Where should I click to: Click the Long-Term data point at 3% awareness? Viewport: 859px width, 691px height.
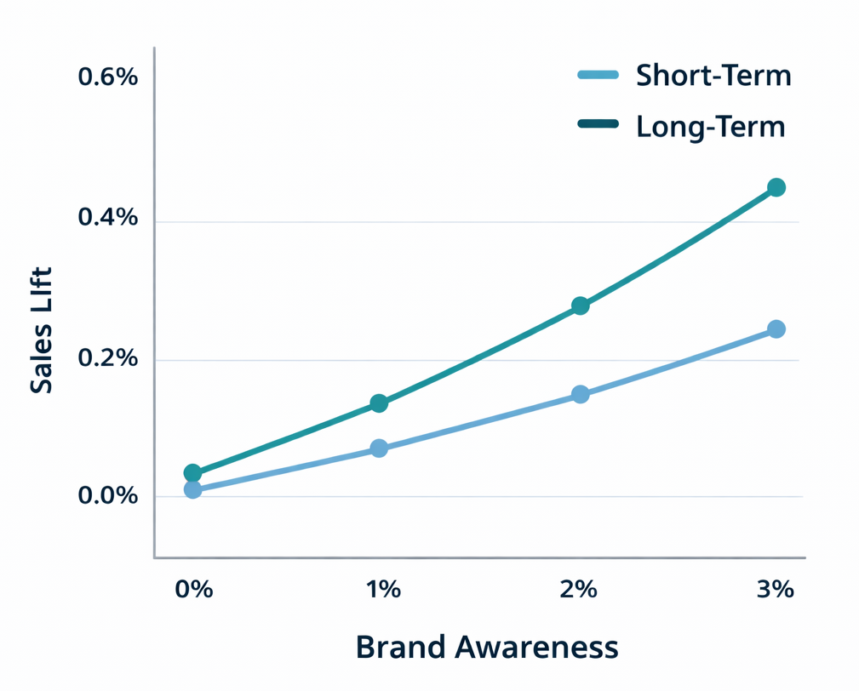click(x=776, y=187)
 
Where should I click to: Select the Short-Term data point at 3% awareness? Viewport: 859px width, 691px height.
click(x=776, y=329)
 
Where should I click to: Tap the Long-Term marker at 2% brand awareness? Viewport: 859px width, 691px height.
click(x=580, y=306)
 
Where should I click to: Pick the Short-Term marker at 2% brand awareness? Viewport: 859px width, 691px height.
click(x=580, y=395)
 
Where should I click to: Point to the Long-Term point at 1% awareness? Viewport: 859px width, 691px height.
click(x=379, y=403)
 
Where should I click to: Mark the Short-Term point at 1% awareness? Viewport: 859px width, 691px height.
click(x=379, y=448)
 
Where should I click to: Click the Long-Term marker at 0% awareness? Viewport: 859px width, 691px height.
click(x=192, y=473)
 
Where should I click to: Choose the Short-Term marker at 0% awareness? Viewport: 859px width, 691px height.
click(x=192, y=490)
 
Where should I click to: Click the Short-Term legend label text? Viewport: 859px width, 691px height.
click(x=713, y=76)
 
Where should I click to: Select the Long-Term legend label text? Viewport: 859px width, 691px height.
click(x=710, y=127)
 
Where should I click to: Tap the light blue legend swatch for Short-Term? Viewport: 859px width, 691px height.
click(x=598, y=75)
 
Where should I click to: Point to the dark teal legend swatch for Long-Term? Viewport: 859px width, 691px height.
click(x=598, y=124)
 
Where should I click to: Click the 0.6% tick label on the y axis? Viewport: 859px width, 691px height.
click(x=107, y=77)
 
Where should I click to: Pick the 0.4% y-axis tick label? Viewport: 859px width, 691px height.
click(x=107, y=218)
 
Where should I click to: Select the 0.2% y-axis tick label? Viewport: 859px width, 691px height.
click(x=107, y=357)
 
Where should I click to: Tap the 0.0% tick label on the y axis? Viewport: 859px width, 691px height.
click(x=107, y=496)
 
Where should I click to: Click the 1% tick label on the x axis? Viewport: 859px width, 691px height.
click(x=383, y=589)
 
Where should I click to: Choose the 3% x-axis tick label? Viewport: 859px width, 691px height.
click(x=774, y=589)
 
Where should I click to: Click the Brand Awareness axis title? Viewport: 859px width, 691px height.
click(x=486, y=648)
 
